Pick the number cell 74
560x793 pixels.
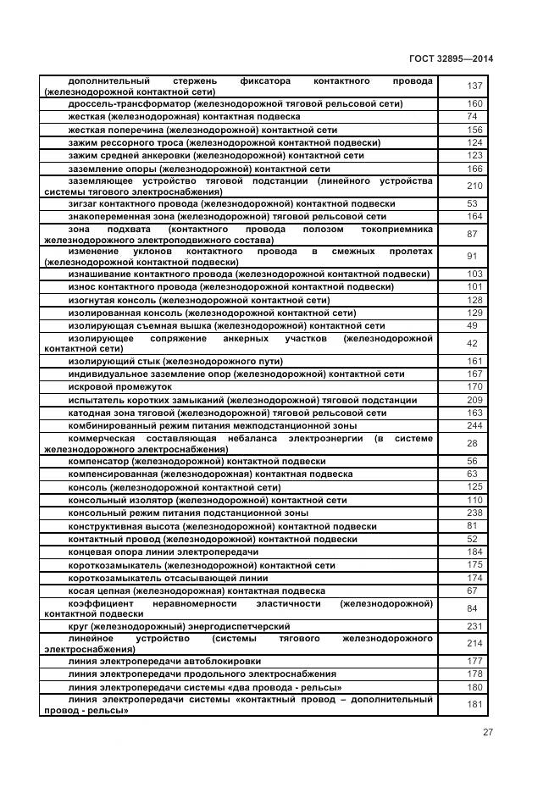tap(473, 116)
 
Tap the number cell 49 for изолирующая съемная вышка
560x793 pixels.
tap(473, 326)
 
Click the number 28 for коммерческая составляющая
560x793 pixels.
tap(473, 444)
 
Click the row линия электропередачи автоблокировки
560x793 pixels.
tap(164, 661)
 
